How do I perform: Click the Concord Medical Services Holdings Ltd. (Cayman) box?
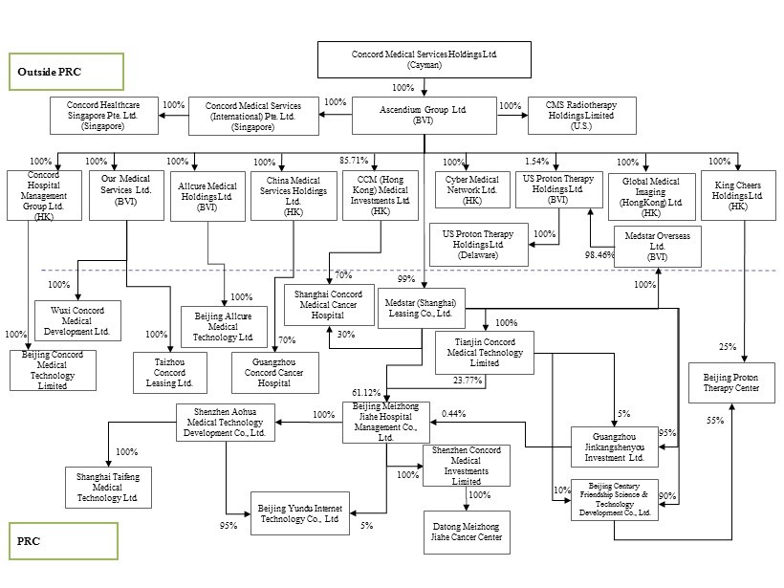tap(425, 58)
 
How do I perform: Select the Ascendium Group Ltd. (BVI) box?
tap(425, 115)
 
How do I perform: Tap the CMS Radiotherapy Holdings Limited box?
tap(581, 115)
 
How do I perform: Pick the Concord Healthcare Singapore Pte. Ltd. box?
tap(103, 115)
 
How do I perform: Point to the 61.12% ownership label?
tap(366, 392)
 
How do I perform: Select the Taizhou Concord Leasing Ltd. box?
tap(169, 372)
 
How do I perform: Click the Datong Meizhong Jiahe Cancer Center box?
tap(467, 532)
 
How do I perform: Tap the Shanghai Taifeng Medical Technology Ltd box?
tap(107, 487)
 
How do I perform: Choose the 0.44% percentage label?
tap(454, 413)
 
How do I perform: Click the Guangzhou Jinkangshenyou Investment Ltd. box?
tap(614, 446)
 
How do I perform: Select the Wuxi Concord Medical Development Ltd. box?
tap(78, 320)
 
